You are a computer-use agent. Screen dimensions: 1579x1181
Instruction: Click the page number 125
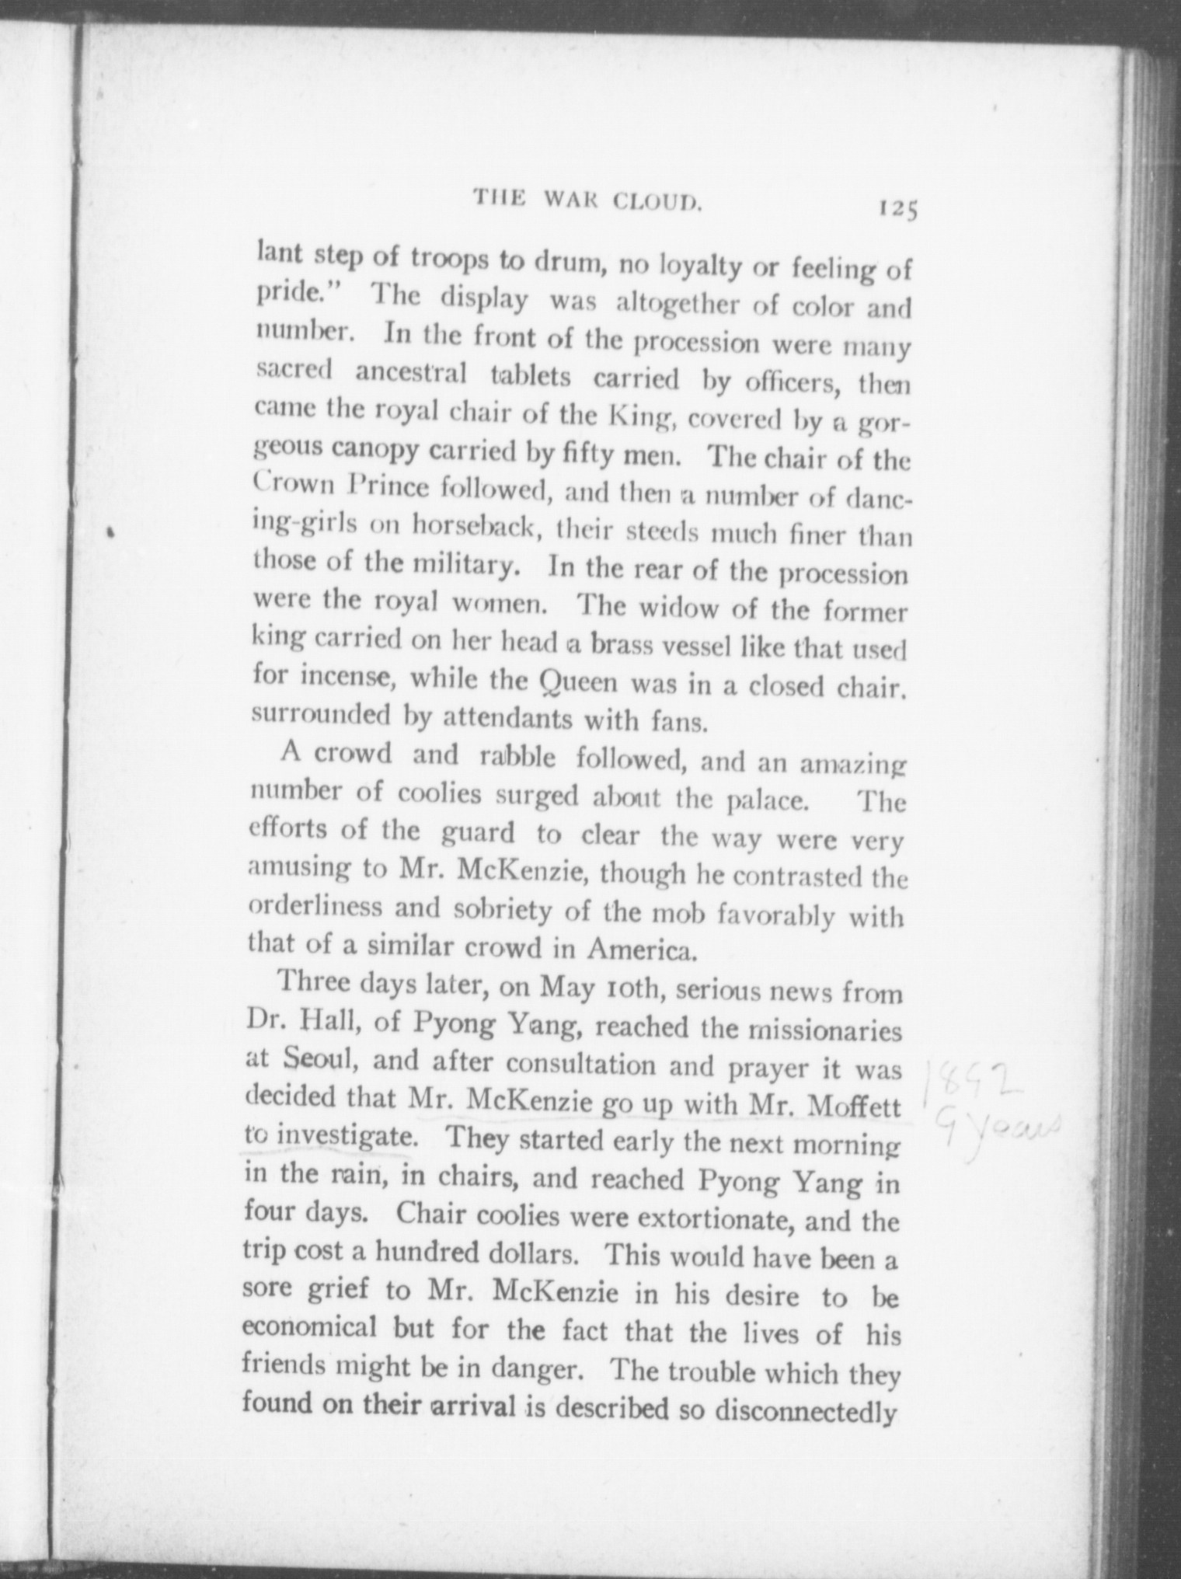tap(898, 210)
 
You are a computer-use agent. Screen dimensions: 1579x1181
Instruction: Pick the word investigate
tap(344, 1138)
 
